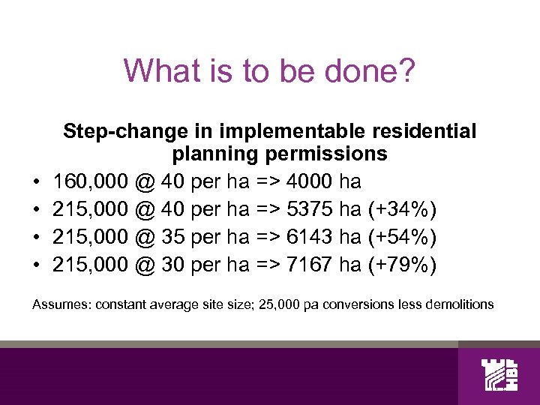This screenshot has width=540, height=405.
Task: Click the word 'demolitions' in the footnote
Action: pos(459,304)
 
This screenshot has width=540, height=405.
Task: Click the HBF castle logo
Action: pos(498,375)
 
